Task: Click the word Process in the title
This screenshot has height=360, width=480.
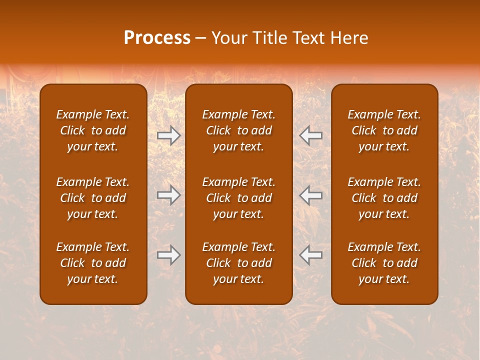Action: tap(157, 38)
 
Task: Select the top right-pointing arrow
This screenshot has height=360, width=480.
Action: tap(168, 135)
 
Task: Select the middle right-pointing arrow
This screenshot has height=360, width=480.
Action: tap(168, 195)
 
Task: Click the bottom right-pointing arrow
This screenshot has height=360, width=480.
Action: tap(168, 255)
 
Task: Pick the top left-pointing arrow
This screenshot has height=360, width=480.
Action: tap(311, 135)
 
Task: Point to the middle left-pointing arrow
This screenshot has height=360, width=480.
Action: tap(311, 195)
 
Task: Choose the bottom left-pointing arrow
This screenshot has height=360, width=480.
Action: tap(311, 255)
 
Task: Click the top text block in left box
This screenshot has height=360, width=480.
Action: tap(93, 130)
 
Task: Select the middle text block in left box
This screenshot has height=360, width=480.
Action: tap(93, 198)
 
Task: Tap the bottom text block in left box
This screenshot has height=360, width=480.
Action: tap(93, 263)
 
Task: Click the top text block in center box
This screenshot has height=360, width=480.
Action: tap(238, 130)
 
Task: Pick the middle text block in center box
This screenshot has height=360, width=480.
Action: tap(238, 198)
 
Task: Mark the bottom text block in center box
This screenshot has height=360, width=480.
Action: tap(238, 263)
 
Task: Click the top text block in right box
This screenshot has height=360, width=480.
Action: tap(384, 130)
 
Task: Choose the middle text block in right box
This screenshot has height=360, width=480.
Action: tap(384, 198)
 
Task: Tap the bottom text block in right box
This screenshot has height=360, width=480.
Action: tap(384, 263)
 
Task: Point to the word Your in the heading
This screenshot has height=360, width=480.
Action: tap(229, 38)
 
